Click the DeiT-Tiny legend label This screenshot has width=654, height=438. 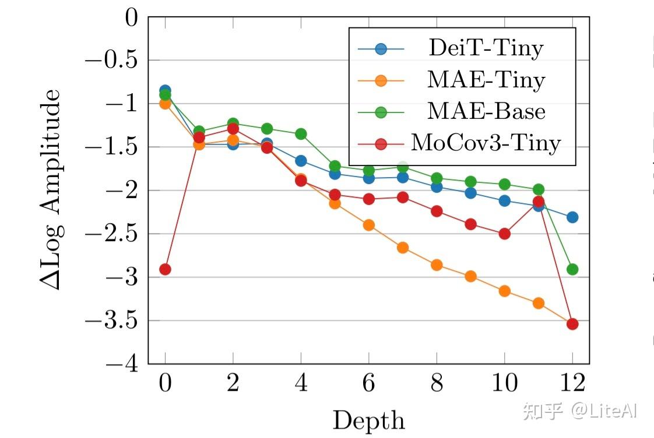tap(485, 48)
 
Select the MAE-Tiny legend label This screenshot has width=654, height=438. tap(486, 80)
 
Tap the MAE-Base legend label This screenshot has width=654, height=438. tap(486, 111)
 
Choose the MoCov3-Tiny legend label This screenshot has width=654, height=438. tap(486, 142)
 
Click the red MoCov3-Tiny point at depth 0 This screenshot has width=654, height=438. tap(165, 270)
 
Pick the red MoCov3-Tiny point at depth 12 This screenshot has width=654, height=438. tap(572, 324)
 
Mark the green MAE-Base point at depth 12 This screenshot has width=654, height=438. tap(572, 270)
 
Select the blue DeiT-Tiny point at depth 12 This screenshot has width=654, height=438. tap(572, 217)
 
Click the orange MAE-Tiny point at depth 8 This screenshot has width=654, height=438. tap(437, 265)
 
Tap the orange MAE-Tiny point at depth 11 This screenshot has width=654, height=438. tap(538, 303)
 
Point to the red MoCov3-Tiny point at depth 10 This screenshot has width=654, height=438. tap(504, 234)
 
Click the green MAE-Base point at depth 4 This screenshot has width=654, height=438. tap(301, 134)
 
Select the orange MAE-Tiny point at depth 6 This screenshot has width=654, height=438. tap(368, 225)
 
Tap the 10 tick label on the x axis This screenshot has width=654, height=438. tap(504, 384)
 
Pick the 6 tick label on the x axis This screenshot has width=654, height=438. tap(368, 384)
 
